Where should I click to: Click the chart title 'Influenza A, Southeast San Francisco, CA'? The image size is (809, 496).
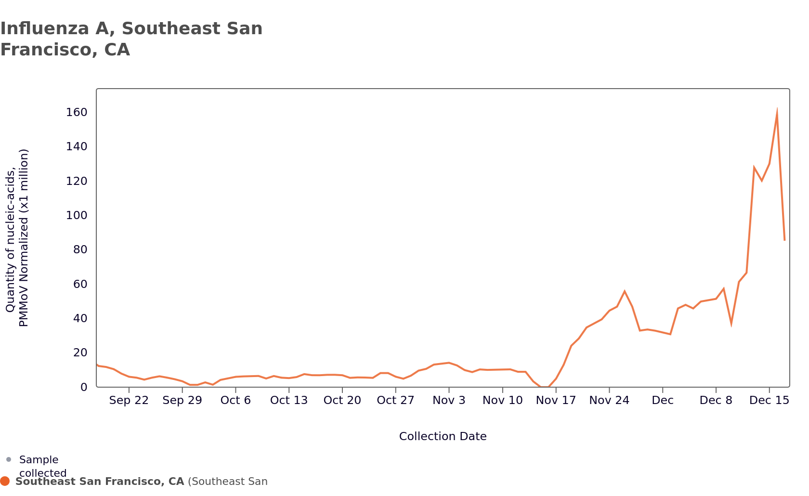[x=131, y=39]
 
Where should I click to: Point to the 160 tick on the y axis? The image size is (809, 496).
[x=77, y=112]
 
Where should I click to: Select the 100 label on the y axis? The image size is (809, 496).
[x=77, y=215]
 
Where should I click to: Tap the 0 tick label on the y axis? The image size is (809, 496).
[x=84, y=387]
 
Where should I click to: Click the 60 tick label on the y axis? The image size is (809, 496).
[x=80, y=284]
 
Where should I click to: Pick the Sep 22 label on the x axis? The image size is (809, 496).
[x=129, y=401]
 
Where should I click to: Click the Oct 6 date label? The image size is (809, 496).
[x=235, y=401]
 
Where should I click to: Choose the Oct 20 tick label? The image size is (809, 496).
[x=342, y=401]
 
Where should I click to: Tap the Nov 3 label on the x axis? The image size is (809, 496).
[x=449, y=401]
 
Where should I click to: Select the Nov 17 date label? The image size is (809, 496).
[x=556, y=401]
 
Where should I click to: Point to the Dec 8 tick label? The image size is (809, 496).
[x=716, y=401]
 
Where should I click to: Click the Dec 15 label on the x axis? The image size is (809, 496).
[x=769, y=401]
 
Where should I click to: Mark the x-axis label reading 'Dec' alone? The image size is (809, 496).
[x=663, y=401]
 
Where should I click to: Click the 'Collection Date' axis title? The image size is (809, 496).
[x=443, y=436]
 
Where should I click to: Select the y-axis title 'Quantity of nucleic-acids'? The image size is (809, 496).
[x=11, y=238]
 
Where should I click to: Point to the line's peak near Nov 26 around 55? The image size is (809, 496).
[x=624, y=291]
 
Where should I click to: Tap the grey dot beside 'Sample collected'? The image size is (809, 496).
[x=9, y=459]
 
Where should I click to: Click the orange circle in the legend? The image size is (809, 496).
[x=5, y=481]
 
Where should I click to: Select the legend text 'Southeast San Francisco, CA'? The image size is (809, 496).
[x=100, y=482]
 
